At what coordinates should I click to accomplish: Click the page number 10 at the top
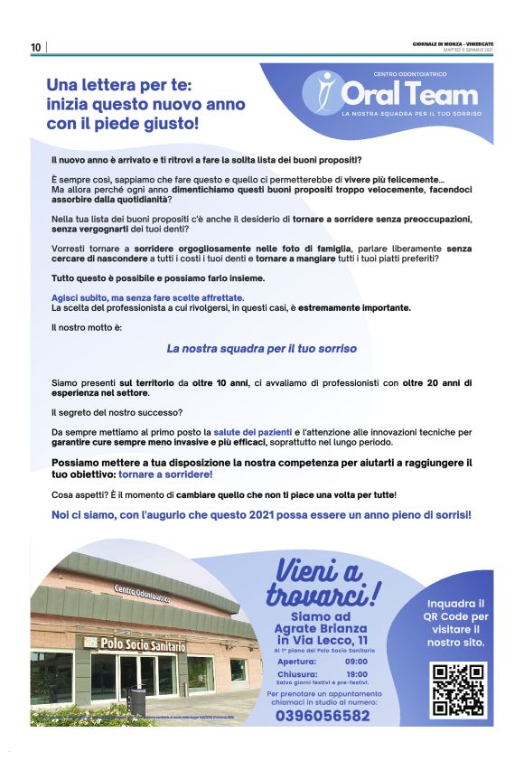pyautogui.click(x=35, y=47)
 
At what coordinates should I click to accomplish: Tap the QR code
pyautogui.click(x=458, y=691)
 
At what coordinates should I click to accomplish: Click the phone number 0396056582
pyautogui.click(x=323, y=715)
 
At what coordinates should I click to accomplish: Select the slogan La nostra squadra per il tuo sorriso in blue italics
pyautogui.click(x=262, y=348)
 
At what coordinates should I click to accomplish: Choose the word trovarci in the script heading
pyautogui.click(x=316, y=596)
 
